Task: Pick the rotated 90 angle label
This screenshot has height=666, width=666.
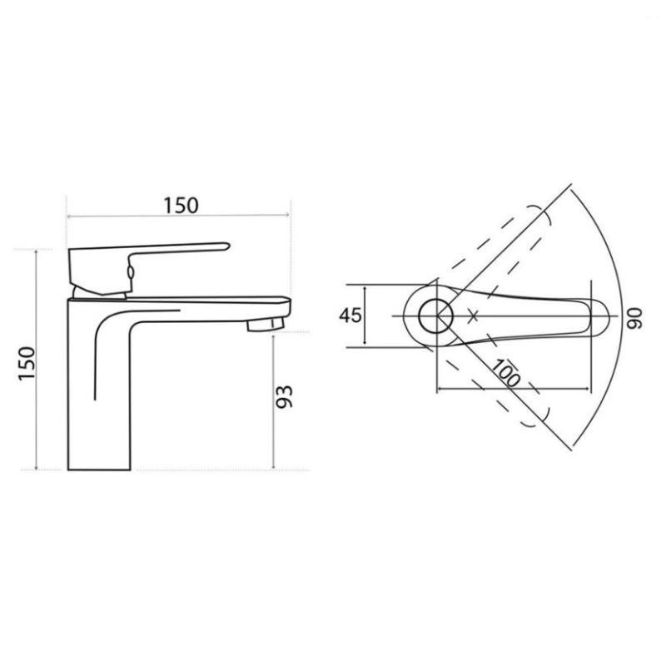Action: tap(636, 316)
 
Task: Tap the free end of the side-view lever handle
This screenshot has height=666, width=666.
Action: tap(223, 246)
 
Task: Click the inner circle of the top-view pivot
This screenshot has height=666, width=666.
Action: tap(435, 316)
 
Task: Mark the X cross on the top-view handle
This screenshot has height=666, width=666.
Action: tap(474, 316)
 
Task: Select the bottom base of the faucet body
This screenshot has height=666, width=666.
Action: tap(98, 469)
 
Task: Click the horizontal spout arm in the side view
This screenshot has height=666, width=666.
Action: tap(208, 301)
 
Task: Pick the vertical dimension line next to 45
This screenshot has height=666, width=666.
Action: tap(365, 316)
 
